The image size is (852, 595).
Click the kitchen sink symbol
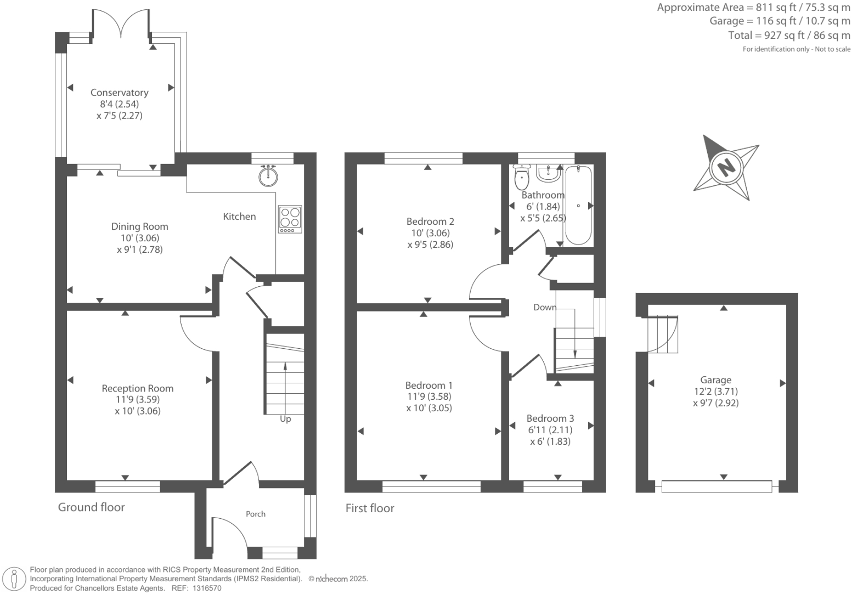coord(268,176)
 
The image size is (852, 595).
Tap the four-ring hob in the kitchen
coord(290,219)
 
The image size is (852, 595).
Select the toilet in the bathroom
coord(522,177)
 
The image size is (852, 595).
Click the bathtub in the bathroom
coord(578,205)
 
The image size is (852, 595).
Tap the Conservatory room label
coord(120,92)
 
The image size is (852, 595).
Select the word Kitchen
coord(239,216)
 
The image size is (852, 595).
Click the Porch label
coord(256,514)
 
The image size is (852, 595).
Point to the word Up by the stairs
coord(285,419)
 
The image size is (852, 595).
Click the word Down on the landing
coord(545,307)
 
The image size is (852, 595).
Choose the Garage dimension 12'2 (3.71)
coord(716,391)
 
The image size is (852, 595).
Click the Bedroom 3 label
coord(550,418)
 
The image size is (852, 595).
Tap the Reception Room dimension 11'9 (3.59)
coord(138,400)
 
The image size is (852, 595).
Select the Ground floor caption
coord(91,507)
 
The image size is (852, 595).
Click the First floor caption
coord(370,508)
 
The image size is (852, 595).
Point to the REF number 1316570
coord(206,588)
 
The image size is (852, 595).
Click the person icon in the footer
coord(14,579)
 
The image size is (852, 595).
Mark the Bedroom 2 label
coord(430,221)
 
